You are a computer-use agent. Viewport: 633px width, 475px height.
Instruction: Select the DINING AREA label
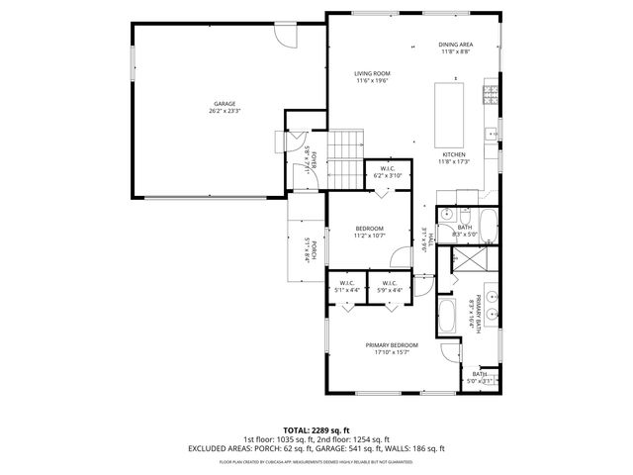coord(455,47)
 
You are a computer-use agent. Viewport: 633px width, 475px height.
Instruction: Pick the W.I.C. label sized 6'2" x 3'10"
coord(387,171)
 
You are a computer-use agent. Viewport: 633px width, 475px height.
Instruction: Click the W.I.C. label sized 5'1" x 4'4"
coord(346,286)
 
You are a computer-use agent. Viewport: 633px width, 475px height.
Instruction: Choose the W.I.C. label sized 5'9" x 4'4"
coord(390,286)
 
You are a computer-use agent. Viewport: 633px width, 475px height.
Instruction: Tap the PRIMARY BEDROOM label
coord(392,347)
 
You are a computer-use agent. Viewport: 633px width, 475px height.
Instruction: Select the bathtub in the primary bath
coord(447,318)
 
